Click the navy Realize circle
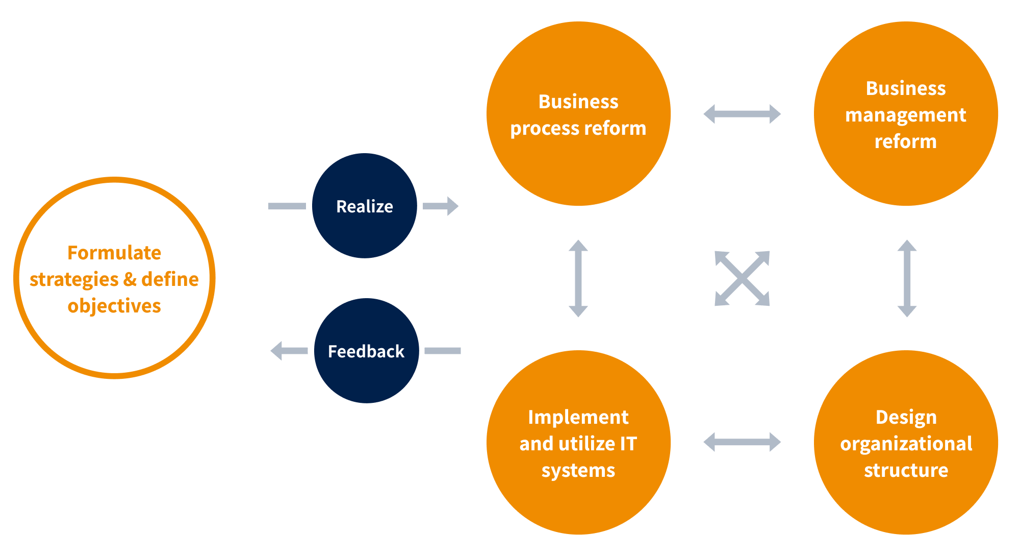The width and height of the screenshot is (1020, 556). (364, 206)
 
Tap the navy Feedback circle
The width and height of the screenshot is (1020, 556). (366, 351)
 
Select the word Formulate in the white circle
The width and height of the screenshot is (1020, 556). (114, 253)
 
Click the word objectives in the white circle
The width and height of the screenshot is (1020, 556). (114, 306)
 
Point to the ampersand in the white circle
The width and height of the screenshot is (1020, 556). (130, 279)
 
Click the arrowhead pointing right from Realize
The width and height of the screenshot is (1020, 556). (452, 206)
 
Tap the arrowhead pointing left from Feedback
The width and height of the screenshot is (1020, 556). (277, 351)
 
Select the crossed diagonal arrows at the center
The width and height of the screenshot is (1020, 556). (742, 278)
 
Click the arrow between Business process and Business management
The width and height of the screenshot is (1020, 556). (742, 114)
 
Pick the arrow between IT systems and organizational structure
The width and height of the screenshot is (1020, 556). (742, 442)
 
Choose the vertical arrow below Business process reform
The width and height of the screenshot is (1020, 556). (578, 278)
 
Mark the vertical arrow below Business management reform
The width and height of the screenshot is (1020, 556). (907, 278)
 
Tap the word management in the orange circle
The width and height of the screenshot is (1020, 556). (906, 115)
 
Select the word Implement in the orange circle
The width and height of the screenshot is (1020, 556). (578, 417)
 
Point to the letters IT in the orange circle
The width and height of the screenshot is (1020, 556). (628, 444)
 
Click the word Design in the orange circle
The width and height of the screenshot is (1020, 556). (906, 417)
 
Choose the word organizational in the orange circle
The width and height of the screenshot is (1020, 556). (906, 444)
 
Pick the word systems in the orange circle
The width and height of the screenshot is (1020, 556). (578, 470)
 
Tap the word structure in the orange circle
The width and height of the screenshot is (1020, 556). (906, 470)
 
